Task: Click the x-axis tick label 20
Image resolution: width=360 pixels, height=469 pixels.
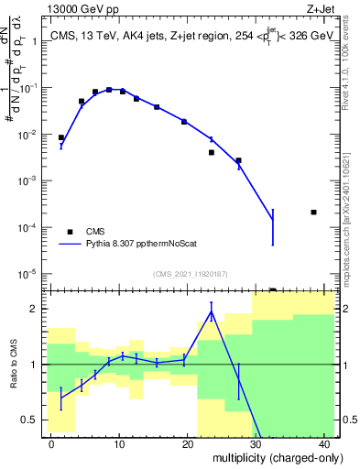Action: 187,444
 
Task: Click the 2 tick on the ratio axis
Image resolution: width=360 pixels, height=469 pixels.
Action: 37,309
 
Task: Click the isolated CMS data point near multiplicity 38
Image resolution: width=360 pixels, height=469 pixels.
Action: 313,213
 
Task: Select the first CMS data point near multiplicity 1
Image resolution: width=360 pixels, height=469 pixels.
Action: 61,137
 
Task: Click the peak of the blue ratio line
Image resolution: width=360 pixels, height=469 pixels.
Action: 212,312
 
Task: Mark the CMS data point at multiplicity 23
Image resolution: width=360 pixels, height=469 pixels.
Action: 212,152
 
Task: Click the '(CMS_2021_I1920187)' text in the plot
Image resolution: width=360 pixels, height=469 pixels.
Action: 189,273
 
